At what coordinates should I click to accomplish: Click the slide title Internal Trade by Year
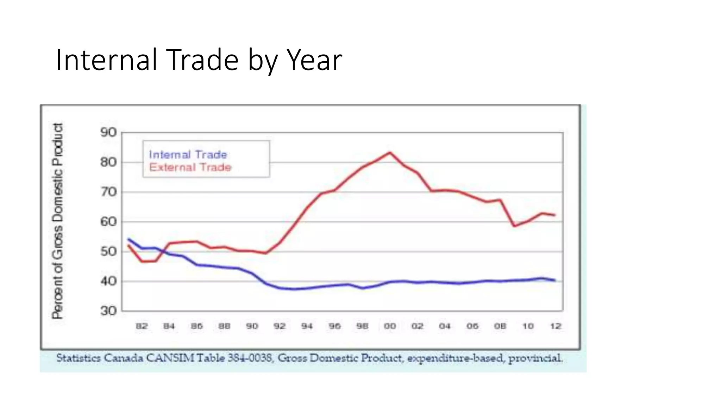(199, 60)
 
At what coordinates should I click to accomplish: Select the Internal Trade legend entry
(188, 155)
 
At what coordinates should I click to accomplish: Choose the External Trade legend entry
(190, 167)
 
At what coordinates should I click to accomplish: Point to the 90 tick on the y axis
(108, 133)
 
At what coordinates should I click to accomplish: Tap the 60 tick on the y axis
(108, 222)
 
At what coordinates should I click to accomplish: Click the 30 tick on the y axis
(108, 311)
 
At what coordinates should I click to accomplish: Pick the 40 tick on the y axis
(108, 281)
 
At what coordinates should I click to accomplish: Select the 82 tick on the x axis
(142, 326)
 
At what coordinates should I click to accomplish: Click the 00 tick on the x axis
(390, 326)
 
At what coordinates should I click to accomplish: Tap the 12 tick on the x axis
(556, 326)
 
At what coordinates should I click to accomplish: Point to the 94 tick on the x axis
(307, 326)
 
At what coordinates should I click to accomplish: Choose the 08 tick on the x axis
(500, 326)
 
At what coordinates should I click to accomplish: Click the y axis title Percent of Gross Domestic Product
(58, 221)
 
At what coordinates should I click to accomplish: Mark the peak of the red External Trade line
(390, 152)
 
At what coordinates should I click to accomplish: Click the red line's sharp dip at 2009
(514, 226)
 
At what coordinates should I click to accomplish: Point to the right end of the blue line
(555, 280)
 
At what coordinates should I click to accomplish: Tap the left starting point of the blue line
(128, 239)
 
